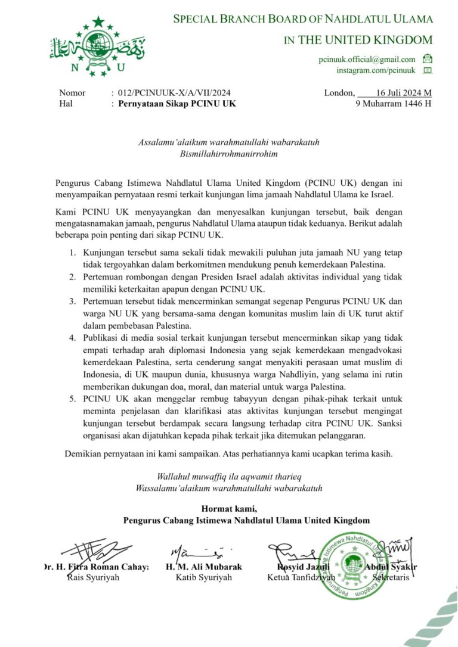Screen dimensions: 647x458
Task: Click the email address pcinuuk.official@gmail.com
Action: point(367,59)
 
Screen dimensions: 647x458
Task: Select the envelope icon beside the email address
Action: point(427,59)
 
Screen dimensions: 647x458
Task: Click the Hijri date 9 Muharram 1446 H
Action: point(394,104)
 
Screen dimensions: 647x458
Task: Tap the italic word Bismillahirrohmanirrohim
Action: point(230,153)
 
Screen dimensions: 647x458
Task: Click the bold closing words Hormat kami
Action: point(229,508)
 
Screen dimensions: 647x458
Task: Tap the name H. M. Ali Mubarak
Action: point(204,567)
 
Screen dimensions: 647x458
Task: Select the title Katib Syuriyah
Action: point(204,577)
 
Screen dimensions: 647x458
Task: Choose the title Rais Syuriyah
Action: point(94,577)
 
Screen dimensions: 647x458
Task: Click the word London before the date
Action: point(339,93)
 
